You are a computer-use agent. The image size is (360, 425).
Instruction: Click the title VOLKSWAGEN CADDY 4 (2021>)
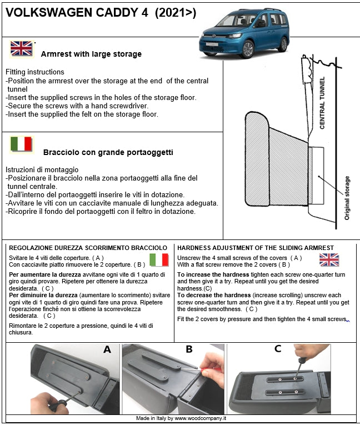[101, 13]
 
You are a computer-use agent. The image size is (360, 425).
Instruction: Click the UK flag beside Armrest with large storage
[21, 49]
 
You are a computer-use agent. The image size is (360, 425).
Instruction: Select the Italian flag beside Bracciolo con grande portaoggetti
[21, 144]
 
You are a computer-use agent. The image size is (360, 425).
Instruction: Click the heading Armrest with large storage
[91, 54]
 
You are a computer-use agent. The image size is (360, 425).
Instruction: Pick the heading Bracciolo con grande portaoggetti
[108, 152]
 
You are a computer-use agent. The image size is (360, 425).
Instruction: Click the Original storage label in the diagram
[347, 198]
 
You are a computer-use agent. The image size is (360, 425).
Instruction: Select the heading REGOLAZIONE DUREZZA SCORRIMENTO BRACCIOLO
[88, 247]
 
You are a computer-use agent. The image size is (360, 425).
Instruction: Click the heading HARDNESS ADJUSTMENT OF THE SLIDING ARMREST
[256, 247]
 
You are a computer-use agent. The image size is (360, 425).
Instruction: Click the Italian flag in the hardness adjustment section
[159, 259]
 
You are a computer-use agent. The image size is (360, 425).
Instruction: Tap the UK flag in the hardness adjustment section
[329, 259]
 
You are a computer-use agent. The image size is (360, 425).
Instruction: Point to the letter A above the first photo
[107, 349]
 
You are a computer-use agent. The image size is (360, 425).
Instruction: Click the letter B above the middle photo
[189, 349]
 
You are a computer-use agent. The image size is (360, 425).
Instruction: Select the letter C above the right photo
[277, 349]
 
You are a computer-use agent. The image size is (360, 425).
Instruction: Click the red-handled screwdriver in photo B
[209, 368]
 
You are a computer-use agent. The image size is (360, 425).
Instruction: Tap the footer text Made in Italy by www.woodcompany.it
[181, 418]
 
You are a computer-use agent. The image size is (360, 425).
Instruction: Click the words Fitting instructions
[35, 72]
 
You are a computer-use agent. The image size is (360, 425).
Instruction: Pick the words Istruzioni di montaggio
[42, 169]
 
